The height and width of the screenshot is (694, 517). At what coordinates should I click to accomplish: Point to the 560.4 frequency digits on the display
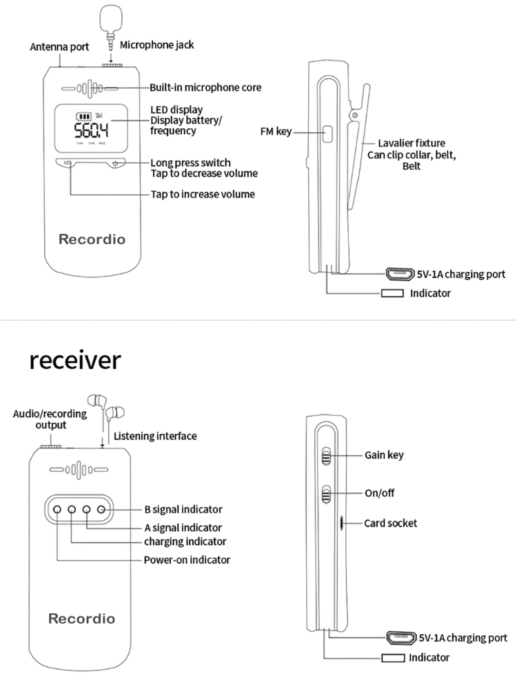point(92,131)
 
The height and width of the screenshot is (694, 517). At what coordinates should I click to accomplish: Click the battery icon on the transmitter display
point(83,116)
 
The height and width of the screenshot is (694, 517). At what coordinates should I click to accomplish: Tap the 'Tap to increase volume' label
point(203,195)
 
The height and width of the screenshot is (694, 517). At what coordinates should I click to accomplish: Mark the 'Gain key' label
point(384,455)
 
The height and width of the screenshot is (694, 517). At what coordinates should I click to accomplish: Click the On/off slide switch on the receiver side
point(327,494)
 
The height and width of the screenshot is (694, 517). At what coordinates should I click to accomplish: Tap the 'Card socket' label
point(390,523)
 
